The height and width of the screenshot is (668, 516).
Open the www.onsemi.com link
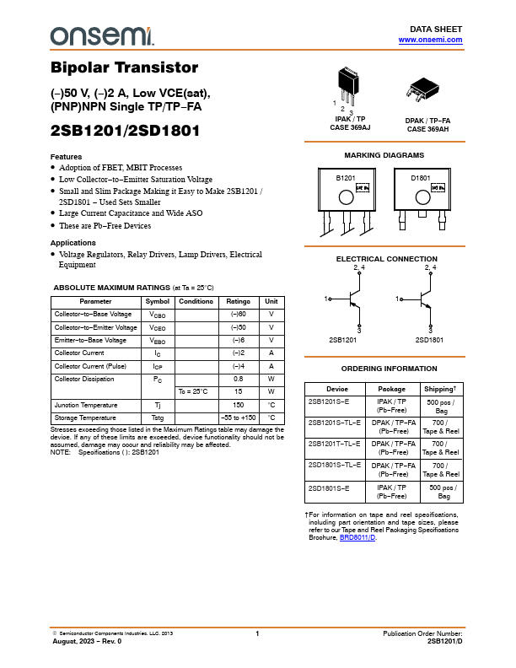point(430,40)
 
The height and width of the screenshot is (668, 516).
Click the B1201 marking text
point(346,179)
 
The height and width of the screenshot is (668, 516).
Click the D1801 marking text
point(421,179)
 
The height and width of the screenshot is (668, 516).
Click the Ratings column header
point(239,301)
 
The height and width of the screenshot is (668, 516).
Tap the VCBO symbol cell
point(158,314)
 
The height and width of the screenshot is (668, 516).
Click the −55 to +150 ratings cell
point(239,417)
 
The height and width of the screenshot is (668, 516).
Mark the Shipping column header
point(440,389)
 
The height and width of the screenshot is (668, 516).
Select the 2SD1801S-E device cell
point(329,488)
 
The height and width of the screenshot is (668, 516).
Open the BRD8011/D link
point(357,537)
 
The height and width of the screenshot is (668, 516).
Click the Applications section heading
point(73,243)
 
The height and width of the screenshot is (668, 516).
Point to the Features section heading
point(67,157)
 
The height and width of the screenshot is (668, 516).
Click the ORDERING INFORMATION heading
point(389,369)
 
